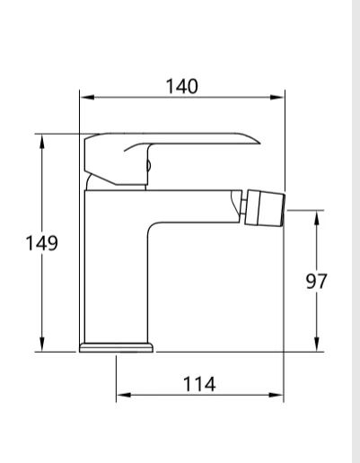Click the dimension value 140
(x=182, y=85)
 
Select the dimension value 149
(x=41, y=243)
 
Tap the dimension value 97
(x=315, y=281)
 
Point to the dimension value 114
(x=199, y=384)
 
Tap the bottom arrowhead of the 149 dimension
(x=42, y=347)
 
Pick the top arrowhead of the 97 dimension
(x=316, y=214)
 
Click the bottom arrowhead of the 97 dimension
(x=316, y=347)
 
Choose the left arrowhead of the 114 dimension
(x=121, y=394)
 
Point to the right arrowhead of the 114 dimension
(x=281, y=394)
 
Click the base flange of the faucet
(x=116, y=345)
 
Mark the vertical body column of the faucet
(x=116, y=269)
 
